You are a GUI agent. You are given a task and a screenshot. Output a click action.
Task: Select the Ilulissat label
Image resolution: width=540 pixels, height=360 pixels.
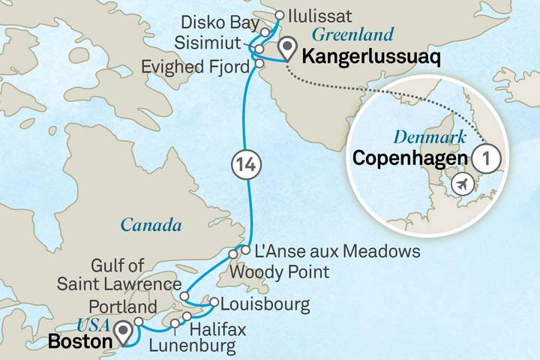click(316, 14)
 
